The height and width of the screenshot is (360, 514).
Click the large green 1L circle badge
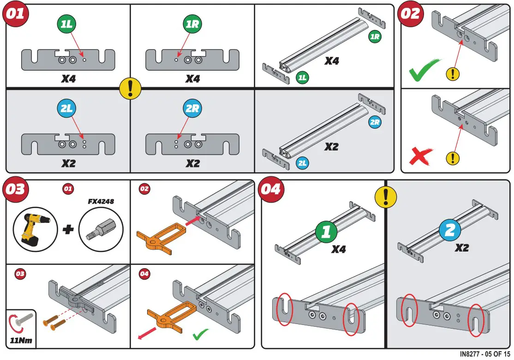(x=67, y=24)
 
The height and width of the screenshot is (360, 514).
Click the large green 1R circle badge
(x=191, y=24)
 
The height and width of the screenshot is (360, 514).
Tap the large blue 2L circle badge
(x=67, y=109)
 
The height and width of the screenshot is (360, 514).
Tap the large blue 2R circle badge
(x=191, y=109)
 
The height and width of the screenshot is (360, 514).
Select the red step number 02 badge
(x=410, y=14)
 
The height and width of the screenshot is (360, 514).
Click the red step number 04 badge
(x=271, y=189)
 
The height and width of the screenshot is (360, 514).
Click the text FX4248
(x=102, y=202)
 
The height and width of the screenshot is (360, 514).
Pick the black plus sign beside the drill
(x=68, y=229)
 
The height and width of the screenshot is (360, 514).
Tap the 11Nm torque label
(x=21, y=342)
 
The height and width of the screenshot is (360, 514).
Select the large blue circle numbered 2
(x=449, y=230)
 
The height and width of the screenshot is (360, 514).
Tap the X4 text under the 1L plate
(x=68, y=79)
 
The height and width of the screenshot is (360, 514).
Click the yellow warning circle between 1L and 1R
(x=130, y=87)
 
